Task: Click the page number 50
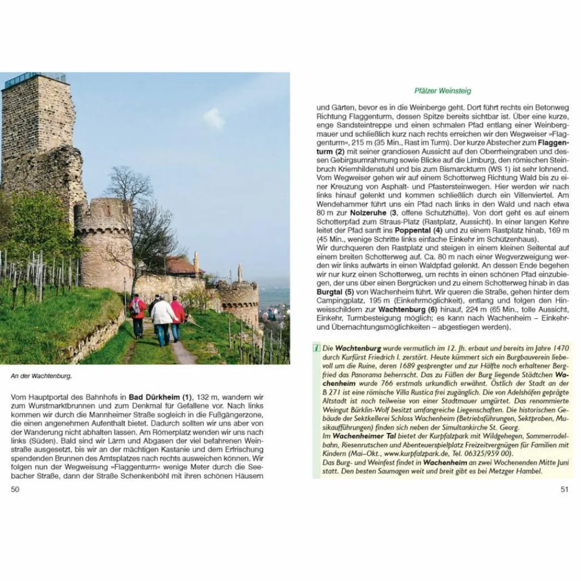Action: pos(15,489)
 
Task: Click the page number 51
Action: pos(564,489)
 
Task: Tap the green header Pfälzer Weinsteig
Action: pos(443,91)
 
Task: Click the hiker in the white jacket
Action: pos(163,315)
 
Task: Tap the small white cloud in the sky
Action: pos(214,118)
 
